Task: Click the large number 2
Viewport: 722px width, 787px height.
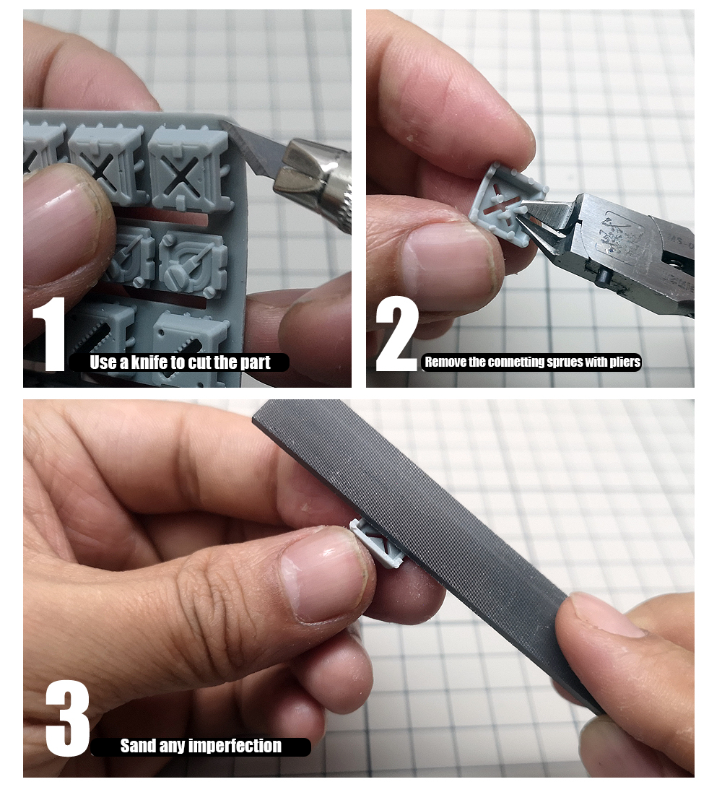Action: pyautogui.click(x=396, y=335)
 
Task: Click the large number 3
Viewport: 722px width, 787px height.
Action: pyautogui.click(x=67, y=718)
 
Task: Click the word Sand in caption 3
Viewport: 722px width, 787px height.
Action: pyautogui.click(x=136, y=746)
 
